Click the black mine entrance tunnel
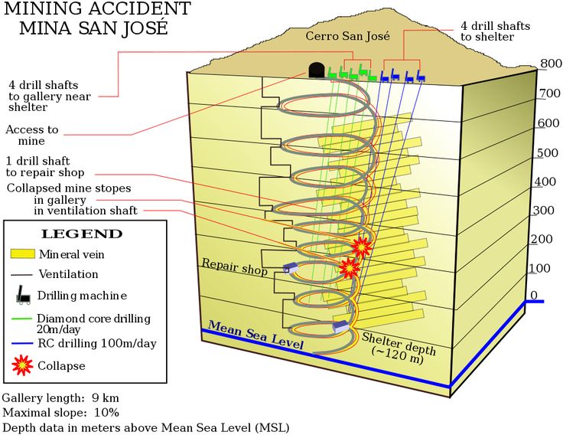point(316,70)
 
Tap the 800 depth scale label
point(551,64)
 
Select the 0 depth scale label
point(534,296)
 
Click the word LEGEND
point(81,234)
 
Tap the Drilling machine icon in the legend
point(23,294)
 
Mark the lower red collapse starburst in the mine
point(349,267)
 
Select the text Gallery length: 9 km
point(60,398)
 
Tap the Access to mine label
point(31,136)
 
